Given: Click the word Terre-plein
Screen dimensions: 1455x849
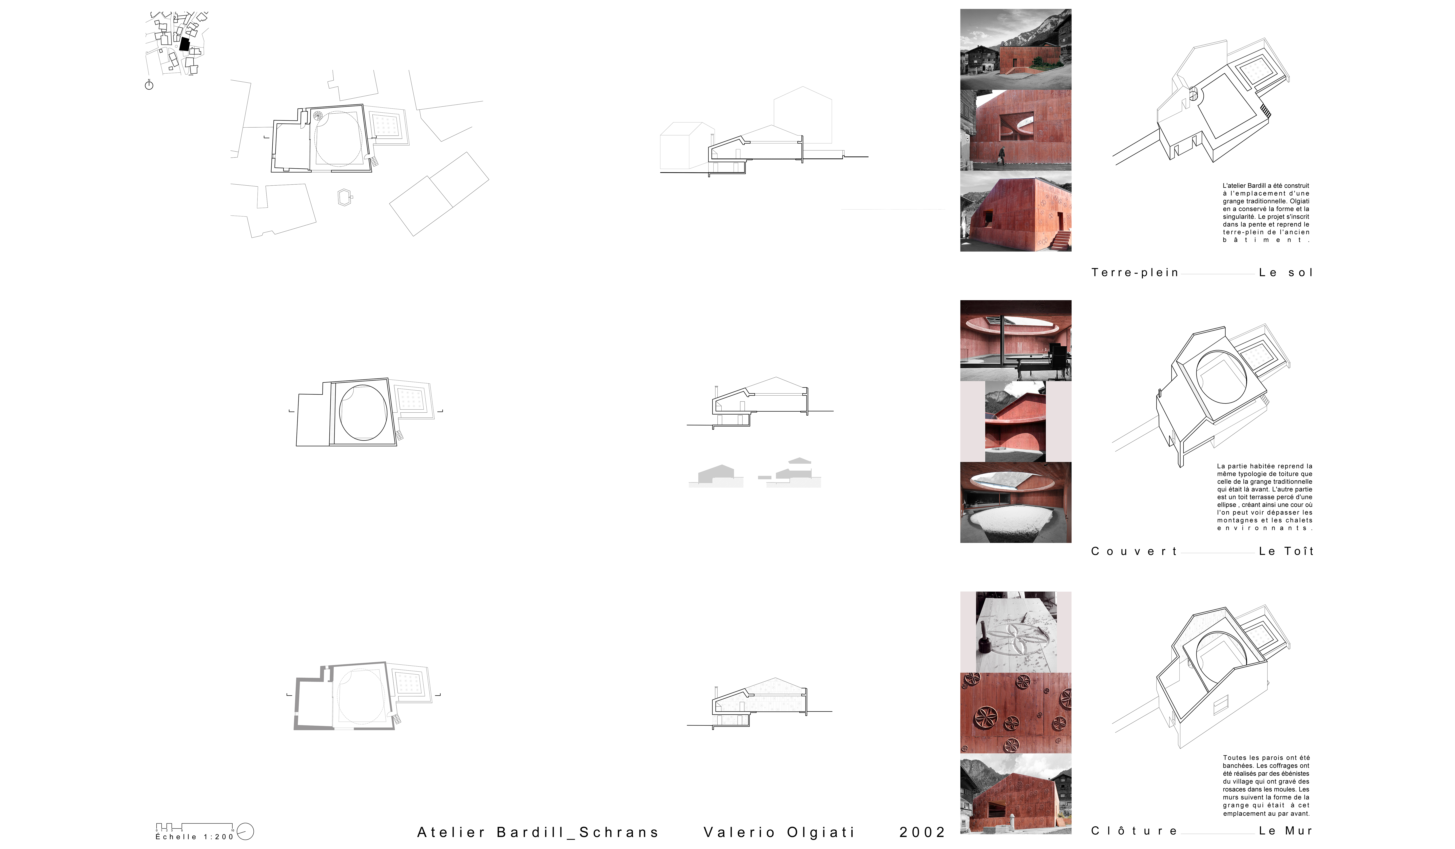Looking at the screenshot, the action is (1134, 273).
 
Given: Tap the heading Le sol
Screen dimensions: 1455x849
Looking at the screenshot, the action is (1286, 273).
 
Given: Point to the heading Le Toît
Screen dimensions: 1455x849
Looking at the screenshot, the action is (1286, 552).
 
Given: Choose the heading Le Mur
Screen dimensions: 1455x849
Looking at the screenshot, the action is (1286, 831).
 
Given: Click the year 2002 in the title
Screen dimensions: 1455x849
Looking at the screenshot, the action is (921, 832).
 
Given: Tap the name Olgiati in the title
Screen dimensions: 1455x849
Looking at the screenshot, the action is (820, 832).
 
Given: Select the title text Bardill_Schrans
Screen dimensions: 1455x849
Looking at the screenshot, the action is (577, 832).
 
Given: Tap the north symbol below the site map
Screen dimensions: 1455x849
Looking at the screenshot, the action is (149, 85).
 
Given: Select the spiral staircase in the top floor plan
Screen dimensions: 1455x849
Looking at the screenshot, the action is (317, 116).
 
